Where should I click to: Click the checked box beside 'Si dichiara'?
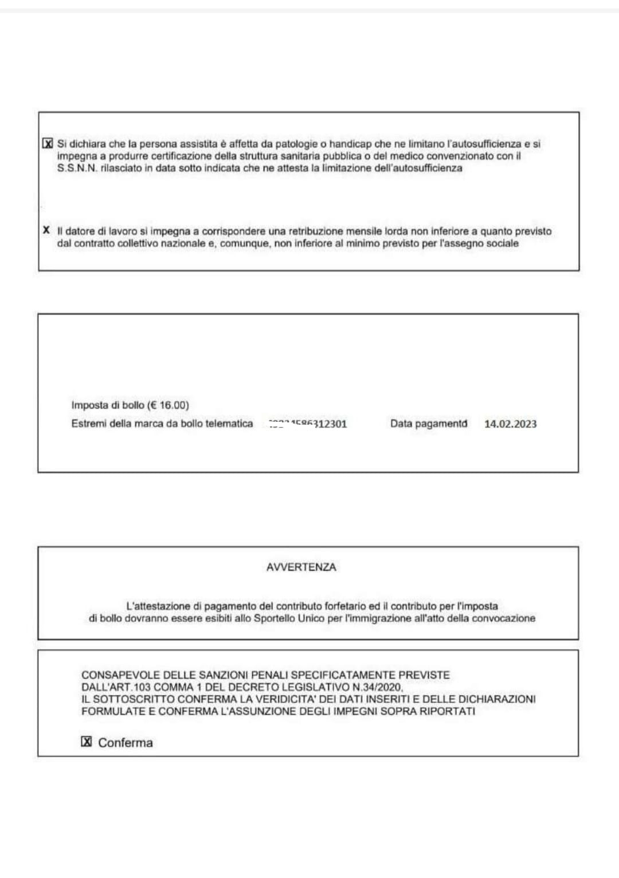coord(48,143)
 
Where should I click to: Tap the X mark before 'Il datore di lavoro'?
coord(46,230)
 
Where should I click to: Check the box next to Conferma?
coord(87,742)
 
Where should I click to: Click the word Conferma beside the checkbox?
coord(126,743)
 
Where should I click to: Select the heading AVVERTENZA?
coord(301,567)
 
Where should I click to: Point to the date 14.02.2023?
coord(510,424)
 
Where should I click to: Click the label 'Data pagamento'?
coord(428,424)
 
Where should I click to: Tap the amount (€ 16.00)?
coord(168,405)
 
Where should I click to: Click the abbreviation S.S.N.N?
coord(77,168)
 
